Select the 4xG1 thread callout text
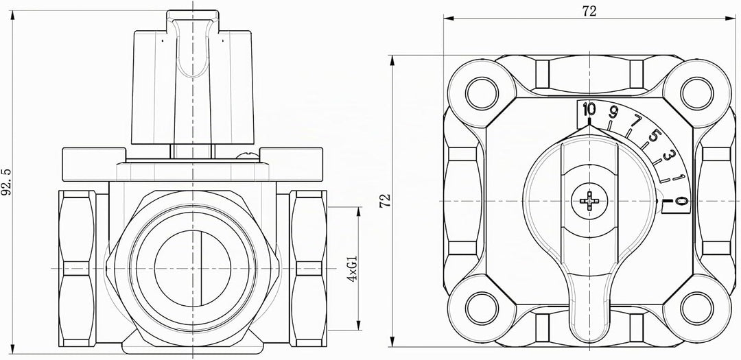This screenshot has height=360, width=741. click(x=351, y=268)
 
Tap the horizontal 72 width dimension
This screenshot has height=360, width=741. click(x=589, y=12)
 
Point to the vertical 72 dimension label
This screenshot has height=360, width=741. click(x=386, y=200)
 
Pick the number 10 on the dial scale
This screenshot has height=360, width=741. click(x=589, y=110)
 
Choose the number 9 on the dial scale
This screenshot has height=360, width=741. click(x=613, y=112)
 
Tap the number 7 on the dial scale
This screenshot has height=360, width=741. click(x=636, y=121)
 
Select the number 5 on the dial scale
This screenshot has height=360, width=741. click(x=654, y=136)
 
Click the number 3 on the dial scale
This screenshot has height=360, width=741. click(x=668, y=156)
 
